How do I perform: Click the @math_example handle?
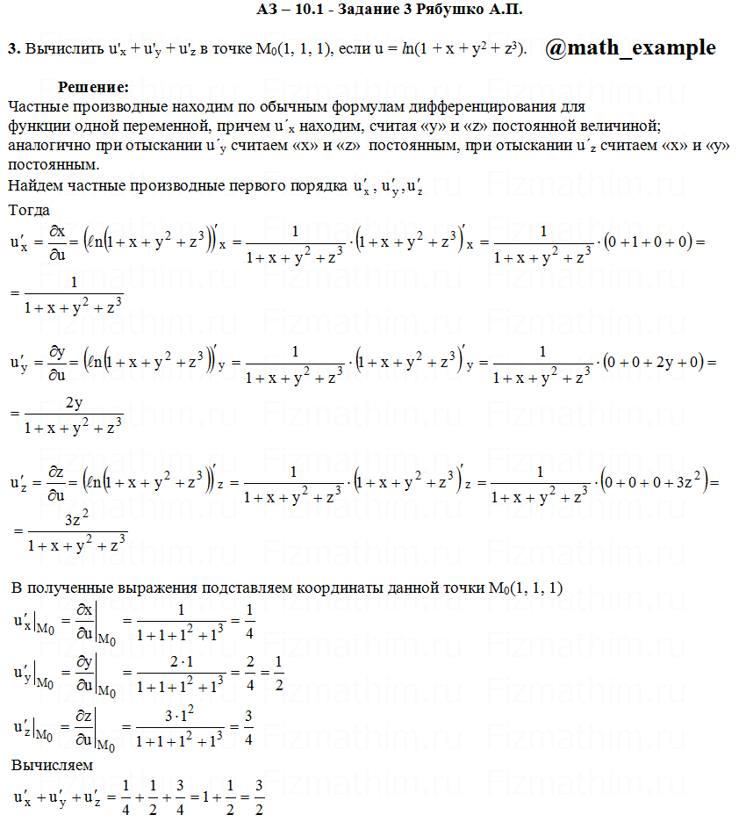(x=630, y=47)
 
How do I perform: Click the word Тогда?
(x=29, y=211)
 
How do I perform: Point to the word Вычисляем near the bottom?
(x=52, y=765)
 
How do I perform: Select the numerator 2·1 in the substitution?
(x=179, y=662)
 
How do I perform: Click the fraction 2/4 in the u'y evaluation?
(x=249, y=673)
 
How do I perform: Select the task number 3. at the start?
(x=14, y=49)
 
